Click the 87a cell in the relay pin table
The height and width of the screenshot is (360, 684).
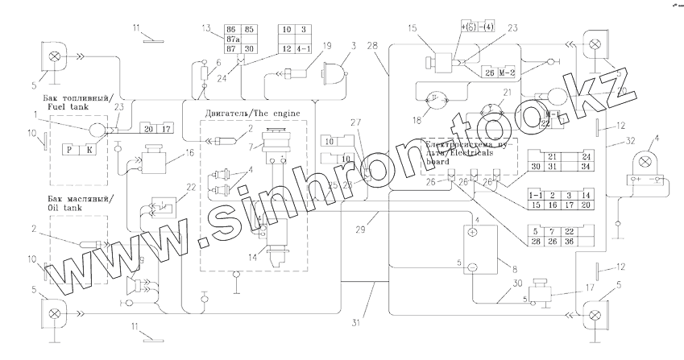point(237,37)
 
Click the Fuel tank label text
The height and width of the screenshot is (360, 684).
point(68,106)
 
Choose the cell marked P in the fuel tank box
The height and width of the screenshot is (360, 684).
point(70,148)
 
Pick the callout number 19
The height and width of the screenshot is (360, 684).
point(326,47)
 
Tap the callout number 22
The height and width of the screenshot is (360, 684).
point(191,187)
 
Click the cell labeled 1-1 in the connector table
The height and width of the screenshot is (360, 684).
point(535,196)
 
